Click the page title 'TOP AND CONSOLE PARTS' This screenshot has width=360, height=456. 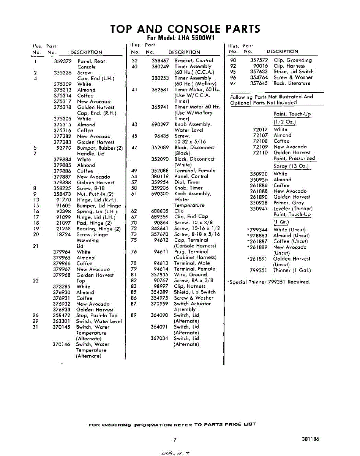click(185, 29)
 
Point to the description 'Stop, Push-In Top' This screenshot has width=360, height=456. click(97, 315)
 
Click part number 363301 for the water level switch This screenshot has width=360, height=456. click(62, 321)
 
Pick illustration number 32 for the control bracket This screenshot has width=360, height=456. click(134, 60)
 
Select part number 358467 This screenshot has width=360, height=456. click(160, 60)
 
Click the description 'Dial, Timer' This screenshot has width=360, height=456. click(187, 182)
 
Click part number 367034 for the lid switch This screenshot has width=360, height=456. click(159, 338)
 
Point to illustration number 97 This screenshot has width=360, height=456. click(233, 83)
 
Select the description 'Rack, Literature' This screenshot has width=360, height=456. click(292, 83)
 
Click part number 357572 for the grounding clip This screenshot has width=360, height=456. click(259, 60)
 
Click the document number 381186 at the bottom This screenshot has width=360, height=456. click(311, 439)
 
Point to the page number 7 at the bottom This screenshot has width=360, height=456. click(175, 440)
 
